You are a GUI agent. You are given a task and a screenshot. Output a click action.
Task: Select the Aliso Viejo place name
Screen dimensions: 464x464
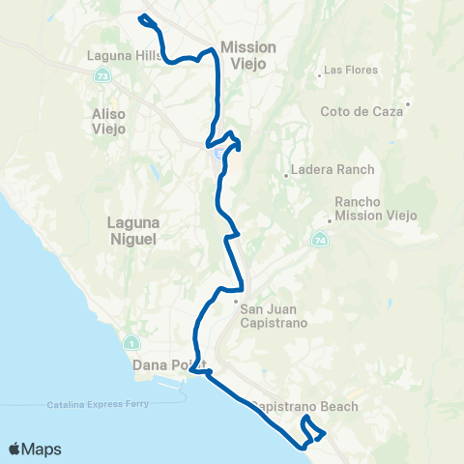109,121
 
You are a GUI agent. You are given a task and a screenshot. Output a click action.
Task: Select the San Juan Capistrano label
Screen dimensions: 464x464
274,315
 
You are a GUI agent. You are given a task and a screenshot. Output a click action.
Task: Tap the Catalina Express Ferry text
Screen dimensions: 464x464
98,404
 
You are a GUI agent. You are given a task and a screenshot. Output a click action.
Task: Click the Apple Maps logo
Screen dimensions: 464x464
35,449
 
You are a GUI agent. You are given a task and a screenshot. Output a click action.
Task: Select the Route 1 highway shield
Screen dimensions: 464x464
130,343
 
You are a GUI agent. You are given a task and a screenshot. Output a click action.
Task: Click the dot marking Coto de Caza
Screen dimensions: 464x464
409,103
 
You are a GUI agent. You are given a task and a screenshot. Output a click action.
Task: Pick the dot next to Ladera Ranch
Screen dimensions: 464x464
286,175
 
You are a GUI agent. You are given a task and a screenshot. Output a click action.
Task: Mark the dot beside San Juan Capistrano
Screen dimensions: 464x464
236,302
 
